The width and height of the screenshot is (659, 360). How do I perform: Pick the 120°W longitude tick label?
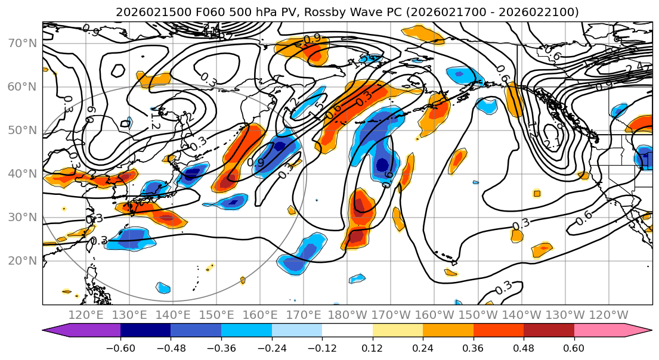(x=608, y=315)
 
